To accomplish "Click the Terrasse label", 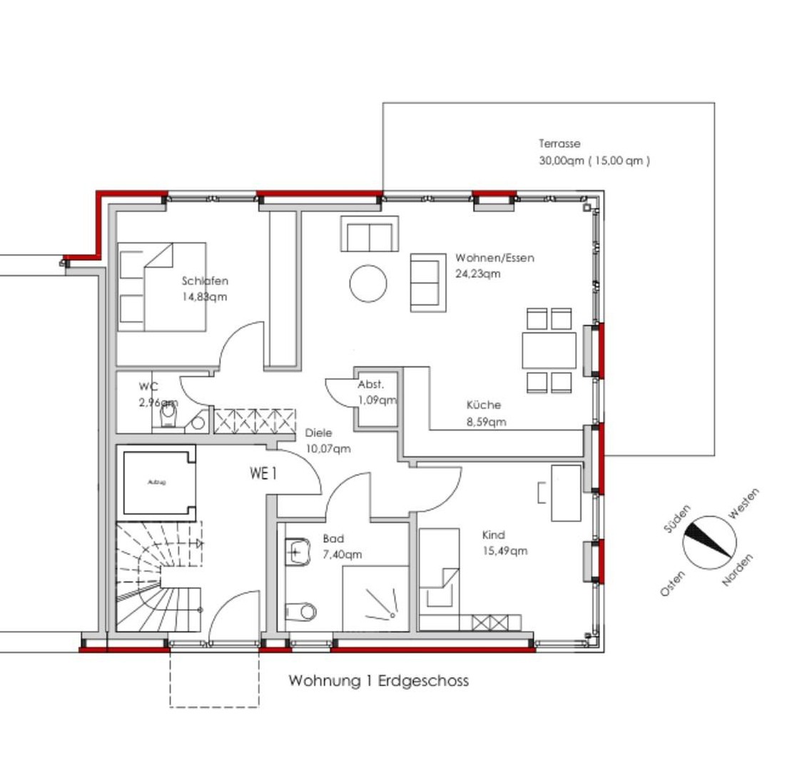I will click(x=559, y=143).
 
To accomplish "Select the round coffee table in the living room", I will click(x=368, y=283).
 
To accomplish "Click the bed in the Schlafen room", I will click(x=162, y=287).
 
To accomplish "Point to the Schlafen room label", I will click(x=205, y=281).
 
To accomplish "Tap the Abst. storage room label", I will click(x=370, y=385).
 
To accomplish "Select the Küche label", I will click(x=484, y=405).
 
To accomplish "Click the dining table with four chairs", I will click(x=549, y=350).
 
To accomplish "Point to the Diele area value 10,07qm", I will click(x=328, y=449).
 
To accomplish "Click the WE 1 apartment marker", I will click(x=263, y=473).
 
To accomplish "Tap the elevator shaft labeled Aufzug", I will click(x=158, y=483).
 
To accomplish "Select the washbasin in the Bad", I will click(x=297, y=551).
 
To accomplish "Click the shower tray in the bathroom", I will click(x=376, y=599).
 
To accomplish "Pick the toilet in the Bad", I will click(x=301, y=611).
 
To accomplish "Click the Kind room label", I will click(x=493, y=535).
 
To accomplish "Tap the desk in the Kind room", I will click(x=566, y=493).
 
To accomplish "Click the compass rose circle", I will click(x=709, y=542).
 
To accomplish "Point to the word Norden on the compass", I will click(x=738, y=570).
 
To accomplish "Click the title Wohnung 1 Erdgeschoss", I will click(x=378, y=680).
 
